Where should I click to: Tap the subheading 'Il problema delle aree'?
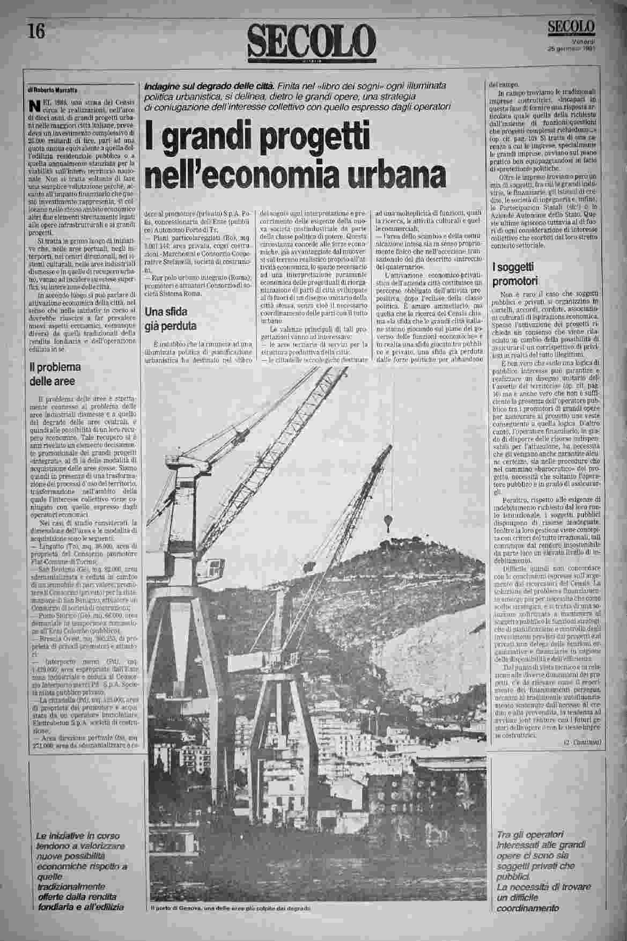[x=55, y=374]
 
